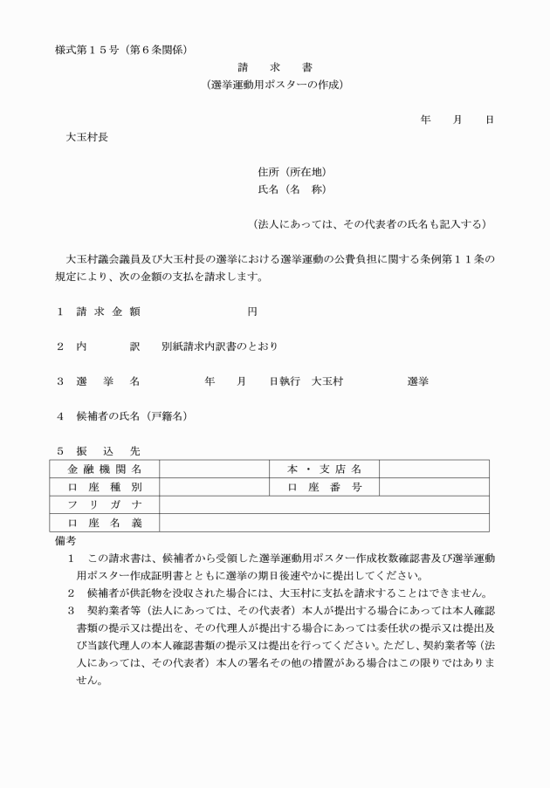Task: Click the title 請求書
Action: (x=274, y=67)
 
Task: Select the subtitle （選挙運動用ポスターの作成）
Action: (x=274, y=85)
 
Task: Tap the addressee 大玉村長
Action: (x=88, y=137)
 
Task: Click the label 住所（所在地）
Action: (x=292, y=172)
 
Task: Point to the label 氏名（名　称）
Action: (x=292, y=189)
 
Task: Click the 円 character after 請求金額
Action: (x=252, y=311)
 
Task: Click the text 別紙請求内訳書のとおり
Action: (x=220, y=346)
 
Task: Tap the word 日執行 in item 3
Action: (x=285, y=381)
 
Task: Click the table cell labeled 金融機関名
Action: (x=105, y=469)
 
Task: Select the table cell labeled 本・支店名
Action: (x=325, y=469)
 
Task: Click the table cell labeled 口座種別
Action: (x=105, y=487)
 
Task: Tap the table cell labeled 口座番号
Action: (x=325, y=487)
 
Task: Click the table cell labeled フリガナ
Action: (x=105, y=505)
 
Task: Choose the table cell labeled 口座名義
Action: (x=105, y=523)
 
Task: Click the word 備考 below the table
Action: (x=66, y=541)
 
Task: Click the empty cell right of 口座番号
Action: (x=433, y=487)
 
